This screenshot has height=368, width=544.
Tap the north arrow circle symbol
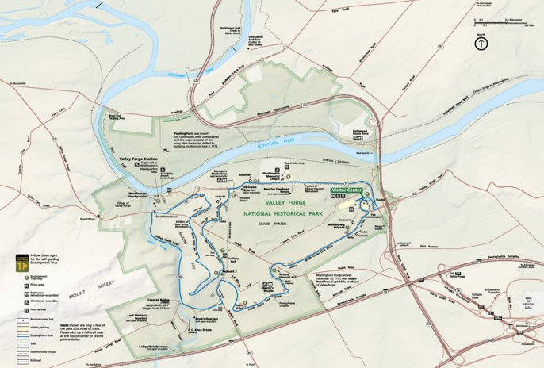click(481, 44)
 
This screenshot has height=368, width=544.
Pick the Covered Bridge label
click(159, 301)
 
